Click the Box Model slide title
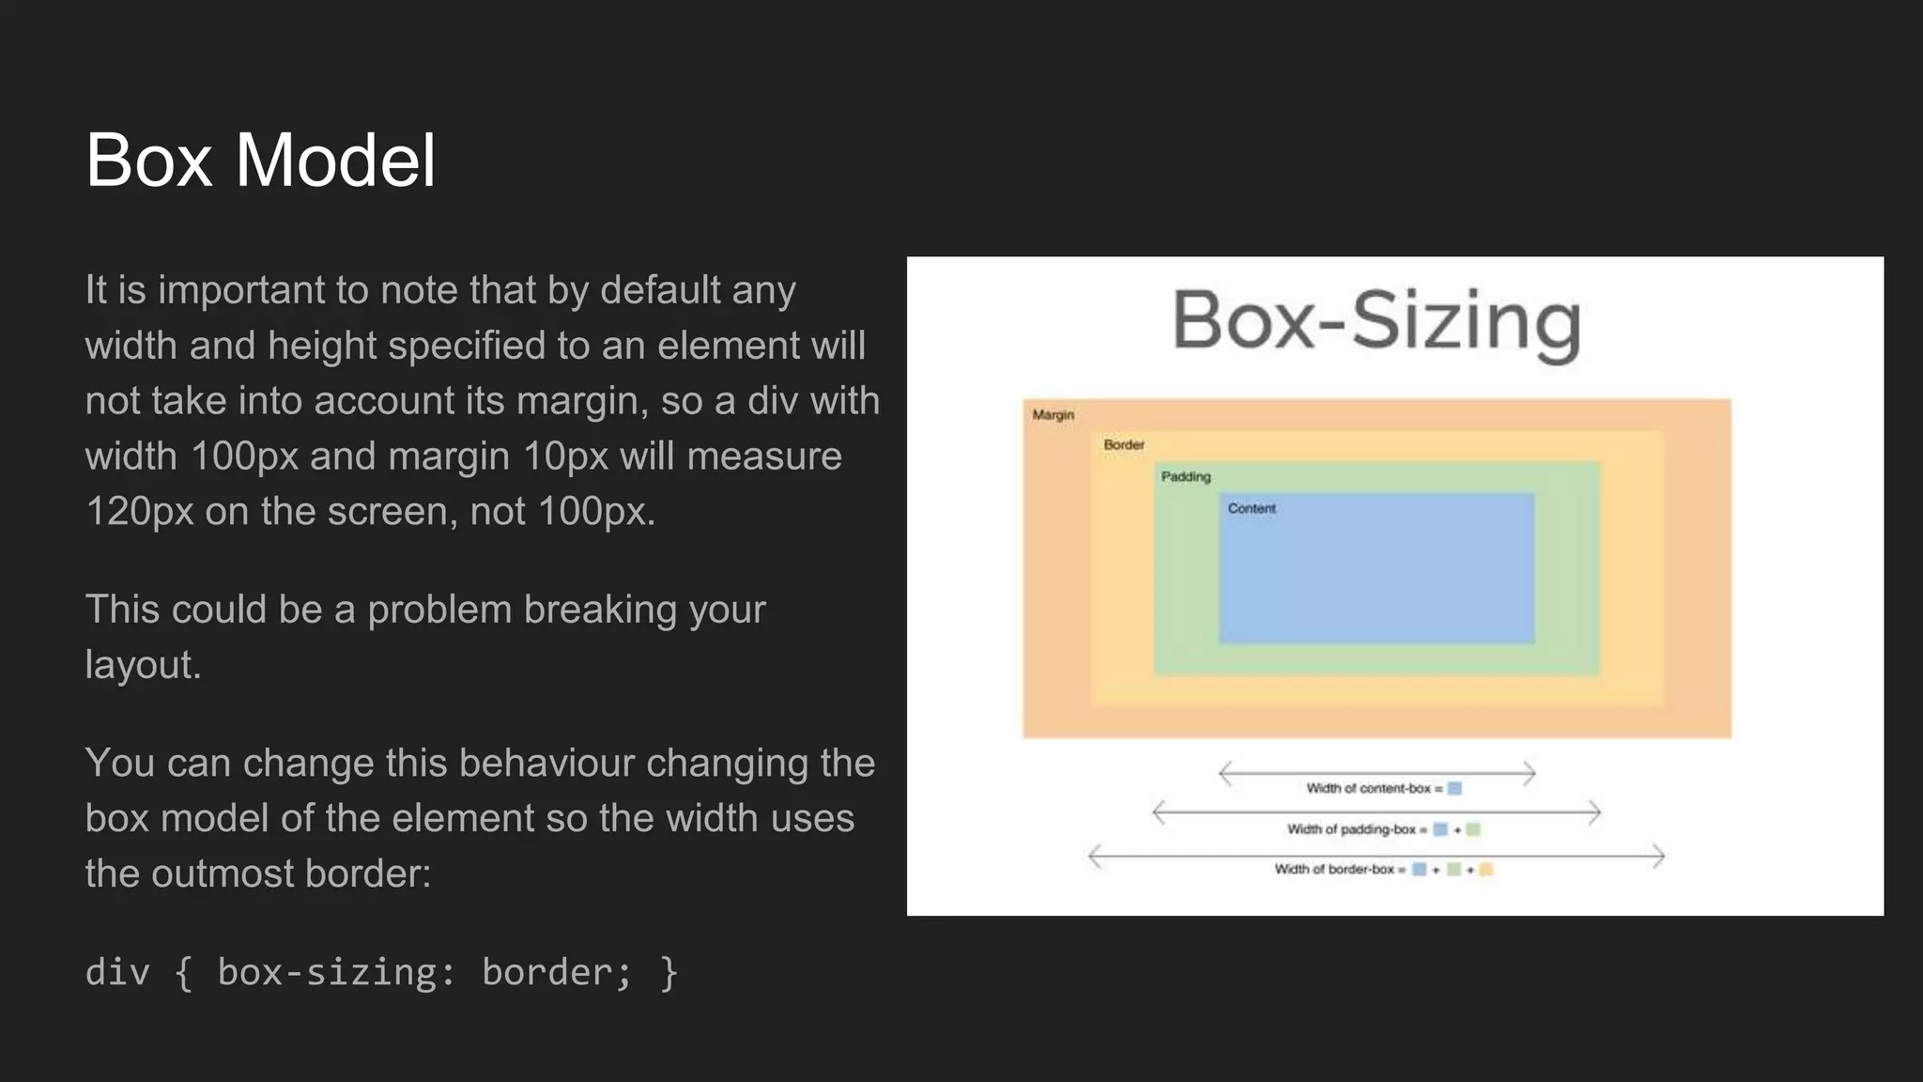[x=260, y=160]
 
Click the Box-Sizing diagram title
[x=1376, y=321]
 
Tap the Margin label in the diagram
[x=1053, y=414]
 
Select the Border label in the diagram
[x=1123, y=444]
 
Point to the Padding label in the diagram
[x=1185, y=476]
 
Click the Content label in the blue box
[x=1251, y=508]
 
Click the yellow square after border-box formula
[x=1485, y=869]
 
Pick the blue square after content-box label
[x=1454, y=788]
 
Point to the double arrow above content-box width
[x=1377, y=773]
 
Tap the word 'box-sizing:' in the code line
[x=336, y=972]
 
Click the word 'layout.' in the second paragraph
[x=143, y=665]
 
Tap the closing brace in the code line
[x=669, y=972]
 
